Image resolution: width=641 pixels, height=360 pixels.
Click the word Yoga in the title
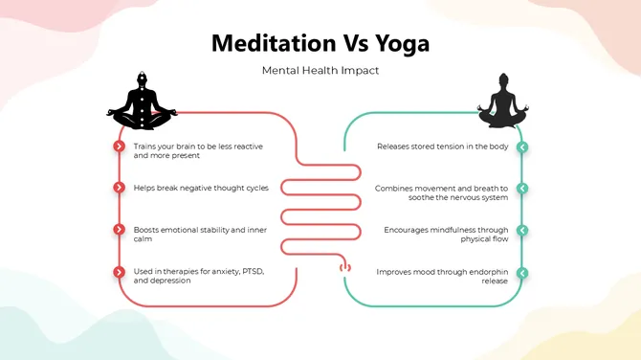point(398,44)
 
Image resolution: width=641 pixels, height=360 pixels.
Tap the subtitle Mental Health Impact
point(320,71)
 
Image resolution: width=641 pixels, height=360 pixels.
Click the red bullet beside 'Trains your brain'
point(119,146)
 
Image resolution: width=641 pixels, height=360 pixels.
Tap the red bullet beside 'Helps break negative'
point(119,188)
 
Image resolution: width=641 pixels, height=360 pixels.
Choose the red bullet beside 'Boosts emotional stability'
point(119,230)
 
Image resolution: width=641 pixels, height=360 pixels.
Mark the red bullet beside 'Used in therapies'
point(119,272)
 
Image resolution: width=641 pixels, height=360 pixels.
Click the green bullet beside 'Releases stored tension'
point(522,146)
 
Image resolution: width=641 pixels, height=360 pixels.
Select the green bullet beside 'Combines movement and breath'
point(522,189)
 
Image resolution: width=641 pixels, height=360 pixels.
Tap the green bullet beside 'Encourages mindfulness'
point(522,231)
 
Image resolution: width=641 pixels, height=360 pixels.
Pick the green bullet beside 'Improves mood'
point(522,273)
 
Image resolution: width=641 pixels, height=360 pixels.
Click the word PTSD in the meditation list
point(249,272)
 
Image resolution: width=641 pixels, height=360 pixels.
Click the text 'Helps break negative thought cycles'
point(201,188)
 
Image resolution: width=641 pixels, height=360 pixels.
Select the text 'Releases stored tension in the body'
point(443,146)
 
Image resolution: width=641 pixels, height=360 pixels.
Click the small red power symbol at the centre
point(345,269)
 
